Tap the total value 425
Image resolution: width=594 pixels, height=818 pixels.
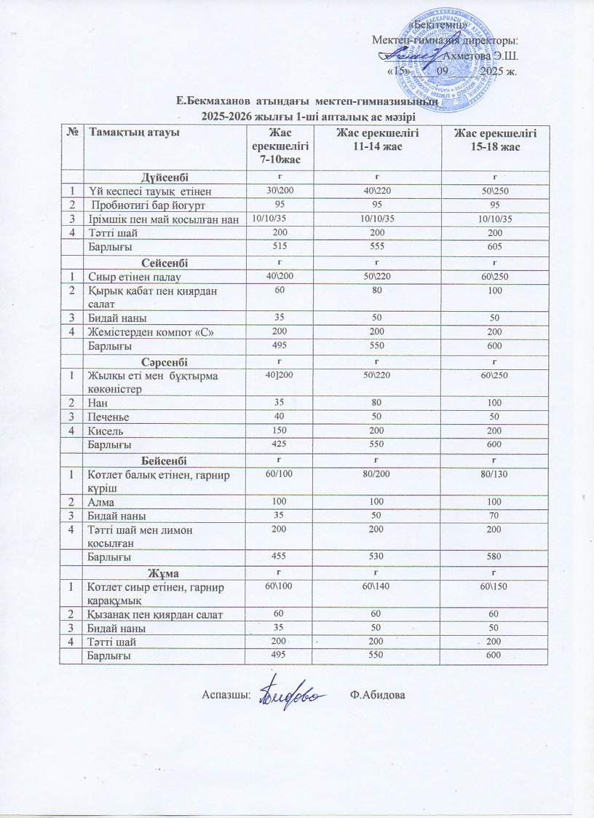pyautogui.click(x=280, y=443)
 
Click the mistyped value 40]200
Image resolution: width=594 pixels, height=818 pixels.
pyautogui.click(x=280, y=374)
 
